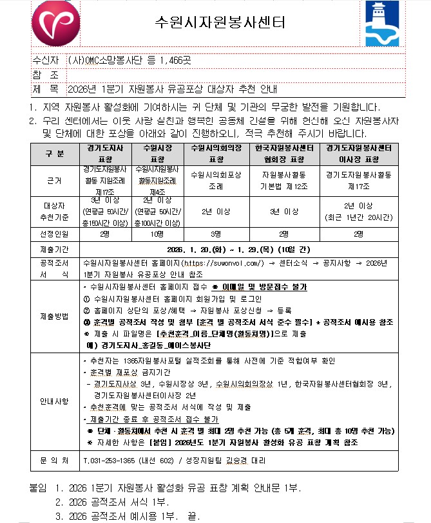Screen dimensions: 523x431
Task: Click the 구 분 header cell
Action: pyautogui.click(x=55, y=153)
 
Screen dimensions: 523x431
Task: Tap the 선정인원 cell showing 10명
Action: pyautogui.click(x=157, y=234)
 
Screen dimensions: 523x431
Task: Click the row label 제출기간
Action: pyautogui.click(x=55, y=249)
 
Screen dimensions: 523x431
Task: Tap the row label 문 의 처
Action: pyautogui.click(x=55, y=461)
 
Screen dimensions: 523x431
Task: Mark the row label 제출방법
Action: pyautogui.click(x=55, y=317)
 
